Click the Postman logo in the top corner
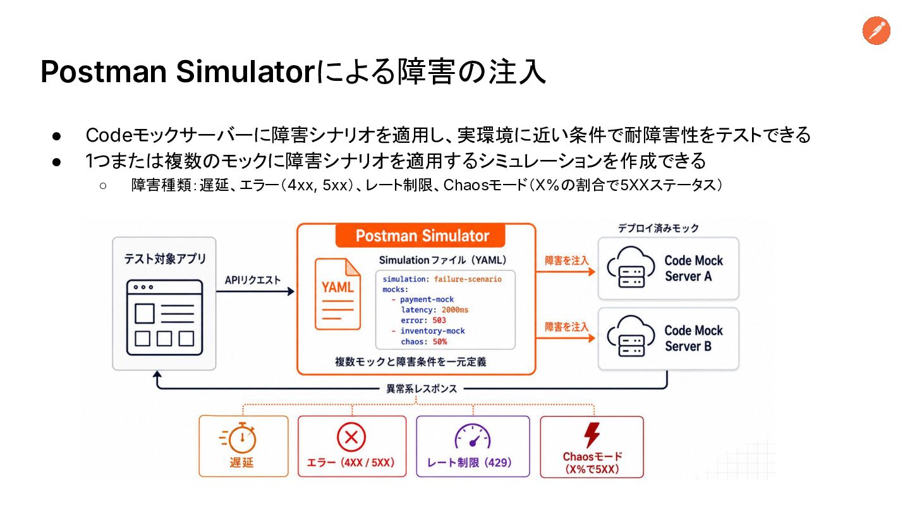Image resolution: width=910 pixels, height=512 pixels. pos(877,30)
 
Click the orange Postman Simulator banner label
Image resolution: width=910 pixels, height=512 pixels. pos(420,236)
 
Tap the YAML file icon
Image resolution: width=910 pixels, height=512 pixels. pos(337,294)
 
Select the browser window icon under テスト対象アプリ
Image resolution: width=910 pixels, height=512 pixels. pos(164,317)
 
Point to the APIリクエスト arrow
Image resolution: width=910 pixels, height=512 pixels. pos(255,291)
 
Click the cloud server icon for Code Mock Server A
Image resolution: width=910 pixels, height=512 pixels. pos(631,267)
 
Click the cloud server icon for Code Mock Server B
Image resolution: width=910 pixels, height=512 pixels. pos(631,336)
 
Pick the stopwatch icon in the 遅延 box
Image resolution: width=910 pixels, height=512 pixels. pos(238,437)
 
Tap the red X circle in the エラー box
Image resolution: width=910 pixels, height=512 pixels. pos(351,437)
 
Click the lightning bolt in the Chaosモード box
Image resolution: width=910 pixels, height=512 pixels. pos(592,435)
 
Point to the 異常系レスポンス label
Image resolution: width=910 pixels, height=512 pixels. pos(422,389)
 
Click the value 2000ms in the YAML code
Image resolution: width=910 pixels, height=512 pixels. pos(455,310)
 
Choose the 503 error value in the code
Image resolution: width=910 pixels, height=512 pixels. pos(439,320)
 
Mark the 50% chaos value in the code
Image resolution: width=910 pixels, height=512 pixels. pos(440,342)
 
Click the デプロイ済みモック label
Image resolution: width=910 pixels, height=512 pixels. pos(658,228)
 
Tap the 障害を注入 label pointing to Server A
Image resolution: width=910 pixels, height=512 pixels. pos(566,260)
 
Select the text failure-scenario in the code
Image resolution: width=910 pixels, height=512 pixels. pos(468,279)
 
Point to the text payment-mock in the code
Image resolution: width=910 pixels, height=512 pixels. pos(427,300)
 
